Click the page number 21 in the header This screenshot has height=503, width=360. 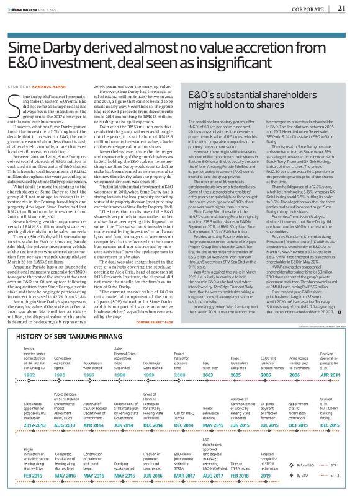pyautogui.click(x=341, y=8)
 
